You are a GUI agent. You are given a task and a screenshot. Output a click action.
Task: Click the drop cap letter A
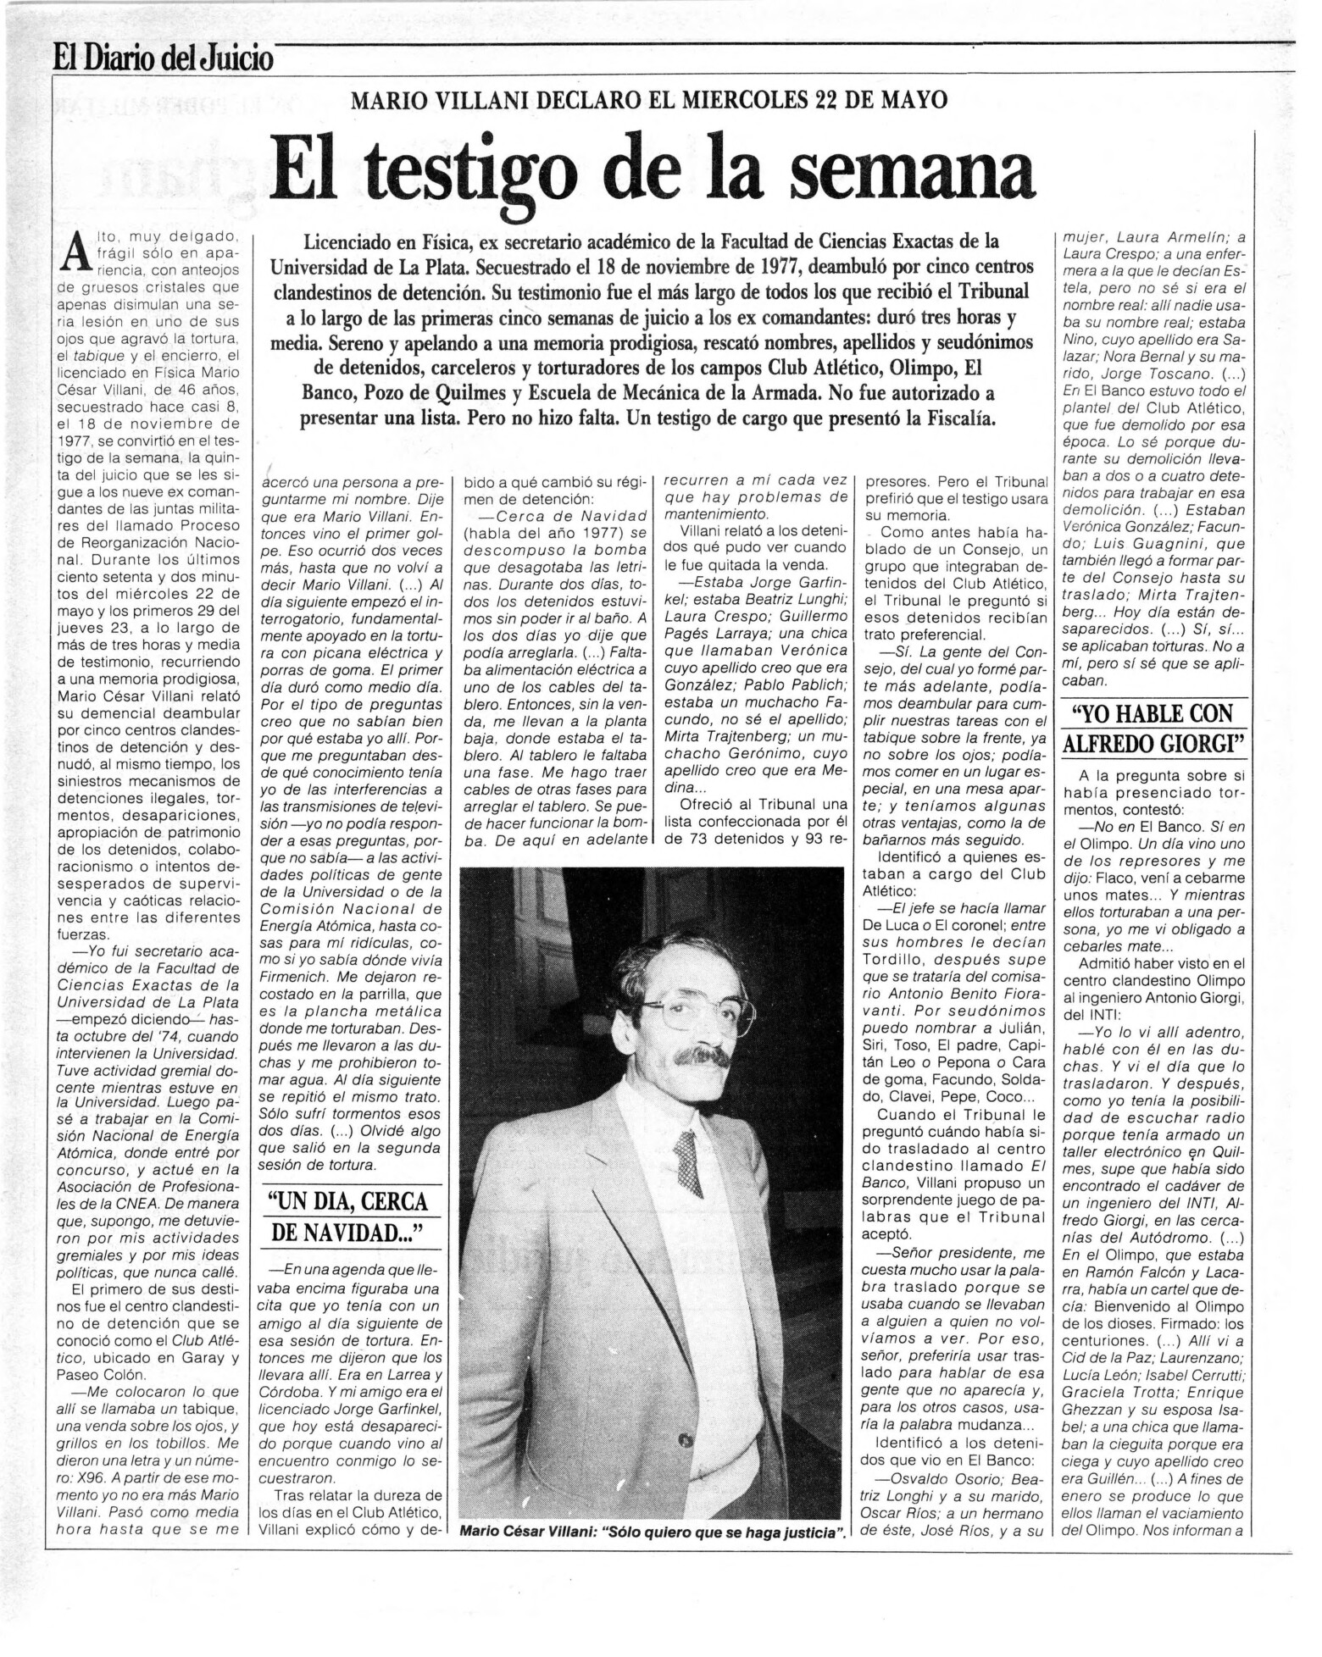[76, 249]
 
